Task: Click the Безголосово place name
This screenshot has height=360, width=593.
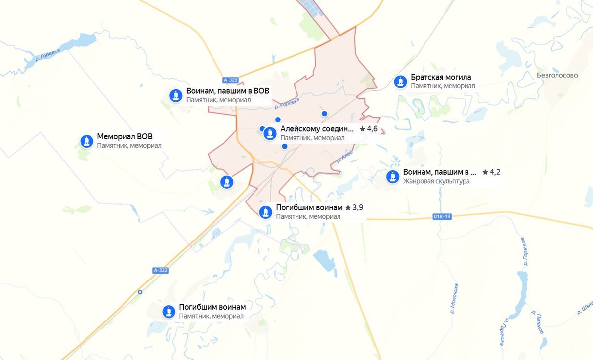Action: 557,76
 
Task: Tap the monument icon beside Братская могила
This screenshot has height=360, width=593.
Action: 400,82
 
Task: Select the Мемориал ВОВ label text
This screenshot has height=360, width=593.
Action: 125,137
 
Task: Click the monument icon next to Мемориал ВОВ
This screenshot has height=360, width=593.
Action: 87,141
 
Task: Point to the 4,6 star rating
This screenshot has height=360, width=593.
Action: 369,129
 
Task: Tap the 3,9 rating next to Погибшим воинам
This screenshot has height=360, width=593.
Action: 354,207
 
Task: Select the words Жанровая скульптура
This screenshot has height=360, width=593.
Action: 436,181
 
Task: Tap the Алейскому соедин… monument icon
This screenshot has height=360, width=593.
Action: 270,133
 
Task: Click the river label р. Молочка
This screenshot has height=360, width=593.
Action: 454,299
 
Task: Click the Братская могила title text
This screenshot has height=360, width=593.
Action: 441,77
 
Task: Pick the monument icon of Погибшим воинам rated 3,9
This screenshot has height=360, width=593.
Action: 266,212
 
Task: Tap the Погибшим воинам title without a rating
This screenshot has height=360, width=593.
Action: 212,307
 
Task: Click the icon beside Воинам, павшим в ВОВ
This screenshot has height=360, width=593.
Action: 176,95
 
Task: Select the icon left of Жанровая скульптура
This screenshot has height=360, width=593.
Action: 393,177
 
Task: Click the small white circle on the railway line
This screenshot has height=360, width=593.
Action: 140,292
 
